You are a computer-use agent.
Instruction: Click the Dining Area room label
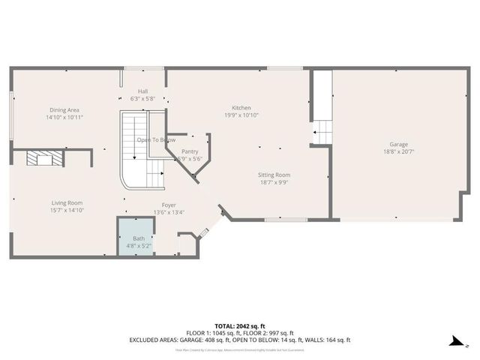(64, 109)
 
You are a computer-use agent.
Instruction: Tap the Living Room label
(67, 202)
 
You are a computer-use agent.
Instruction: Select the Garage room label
(398, 144)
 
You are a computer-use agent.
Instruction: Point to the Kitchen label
(241, 108)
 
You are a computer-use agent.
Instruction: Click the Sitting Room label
(274, 174)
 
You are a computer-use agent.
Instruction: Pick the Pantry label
(190, 151)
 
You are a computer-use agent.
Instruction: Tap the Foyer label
(169, 205)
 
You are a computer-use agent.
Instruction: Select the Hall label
(142, 91)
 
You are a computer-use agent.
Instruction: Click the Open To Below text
(156, 140)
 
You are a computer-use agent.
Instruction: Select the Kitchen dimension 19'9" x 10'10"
(241, 115)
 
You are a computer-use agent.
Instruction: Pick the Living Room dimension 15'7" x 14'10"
(67, 210)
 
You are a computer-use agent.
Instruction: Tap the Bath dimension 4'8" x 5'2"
(135, 245)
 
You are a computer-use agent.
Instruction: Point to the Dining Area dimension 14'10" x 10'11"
(64, 118)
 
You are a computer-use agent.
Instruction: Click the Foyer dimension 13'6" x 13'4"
(169, 212)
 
